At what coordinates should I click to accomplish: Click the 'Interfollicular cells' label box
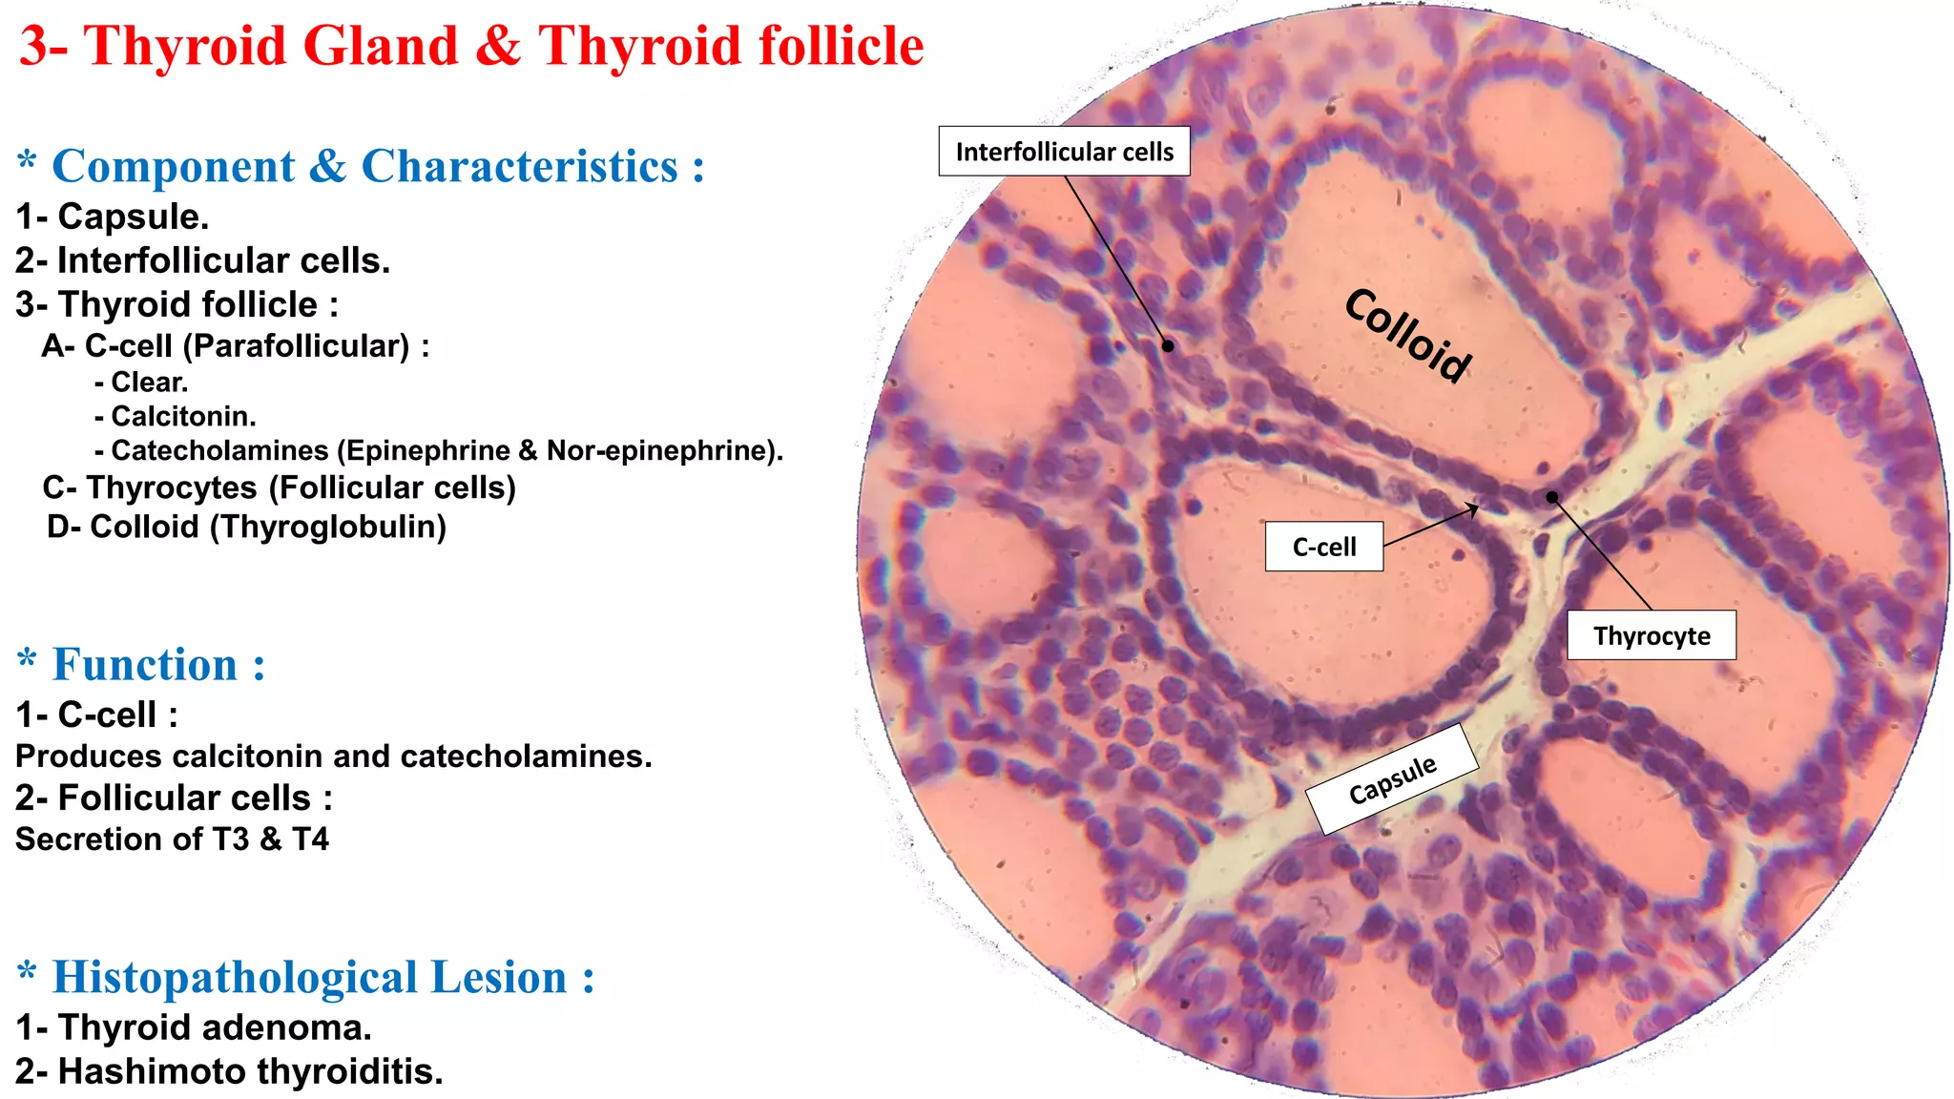1064,152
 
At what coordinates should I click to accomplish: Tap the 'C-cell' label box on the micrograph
1323,547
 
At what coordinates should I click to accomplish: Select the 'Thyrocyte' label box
1651,635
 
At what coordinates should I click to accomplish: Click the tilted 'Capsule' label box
1392,779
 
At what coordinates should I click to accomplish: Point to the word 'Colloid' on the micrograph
1408,335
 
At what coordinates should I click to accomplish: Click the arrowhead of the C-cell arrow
1475,508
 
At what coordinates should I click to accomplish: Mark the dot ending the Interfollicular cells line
1168,346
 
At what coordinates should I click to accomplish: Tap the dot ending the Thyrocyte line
1552,497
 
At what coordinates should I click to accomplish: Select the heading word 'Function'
144,665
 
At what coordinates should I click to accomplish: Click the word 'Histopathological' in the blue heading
235,978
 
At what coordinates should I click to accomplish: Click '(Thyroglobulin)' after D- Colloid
328,527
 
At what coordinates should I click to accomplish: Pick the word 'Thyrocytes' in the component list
172,487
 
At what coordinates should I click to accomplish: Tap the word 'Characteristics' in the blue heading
519,167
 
